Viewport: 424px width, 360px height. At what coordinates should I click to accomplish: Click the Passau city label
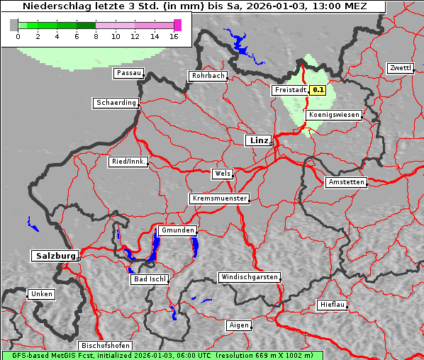[128, 73]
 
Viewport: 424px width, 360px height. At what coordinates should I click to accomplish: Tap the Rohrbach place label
[207, 76]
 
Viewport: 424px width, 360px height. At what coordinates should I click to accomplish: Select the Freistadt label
[290, 90]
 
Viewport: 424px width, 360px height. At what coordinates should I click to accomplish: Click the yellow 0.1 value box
[318, 90]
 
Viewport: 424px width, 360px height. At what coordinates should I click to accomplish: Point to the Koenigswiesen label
[333, 114]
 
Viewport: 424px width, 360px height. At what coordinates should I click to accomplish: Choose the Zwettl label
[400, 68]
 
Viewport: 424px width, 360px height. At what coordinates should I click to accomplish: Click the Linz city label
[258, 140]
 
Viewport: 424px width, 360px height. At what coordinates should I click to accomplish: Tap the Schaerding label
[116, 103]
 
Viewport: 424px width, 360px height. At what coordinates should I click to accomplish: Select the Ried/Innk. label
[128, 162]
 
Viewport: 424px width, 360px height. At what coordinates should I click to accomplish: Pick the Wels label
[222, 174]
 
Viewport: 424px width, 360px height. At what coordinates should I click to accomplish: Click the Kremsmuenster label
[219, 198]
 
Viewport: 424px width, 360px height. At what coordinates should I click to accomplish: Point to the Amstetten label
[345, 182]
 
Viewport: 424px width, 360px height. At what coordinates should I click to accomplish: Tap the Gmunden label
[177, 230]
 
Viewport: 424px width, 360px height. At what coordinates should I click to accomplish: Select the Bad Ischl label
[150, 279]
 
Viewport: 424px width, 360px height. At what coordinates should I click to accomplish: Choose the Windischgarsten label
[249, 277]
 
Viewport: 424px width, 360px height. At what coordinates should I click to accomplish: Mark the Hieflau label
[333, 305]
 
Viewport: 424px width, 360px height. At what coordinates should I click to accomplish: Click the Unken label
[41, 293]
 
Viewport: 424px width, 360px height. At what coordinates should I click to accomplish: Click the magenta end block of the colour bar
[177, 25]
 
